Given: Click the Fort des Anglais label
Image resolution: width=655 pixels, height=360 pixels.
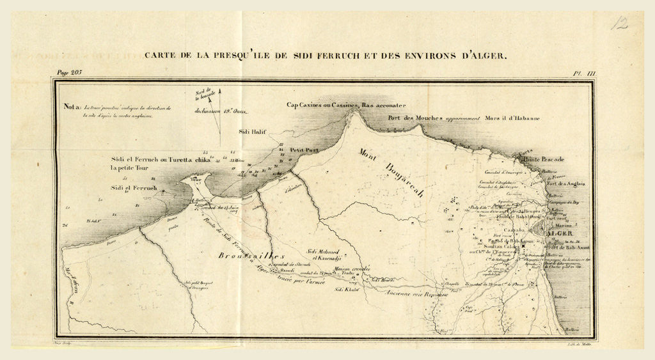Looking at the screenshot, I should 565,184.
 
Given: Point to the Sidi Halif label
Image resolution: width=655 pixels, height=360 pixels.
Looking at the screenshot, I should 251,132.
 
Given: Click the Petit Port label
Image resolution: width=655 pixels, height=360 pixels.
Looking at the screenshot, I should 304,149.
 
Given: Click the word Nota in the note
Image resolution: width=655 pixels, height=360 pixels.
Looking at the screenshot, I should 72,108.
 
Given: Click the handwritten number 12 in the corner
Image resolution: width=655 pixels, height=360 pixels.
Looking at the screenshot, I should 619,24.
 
